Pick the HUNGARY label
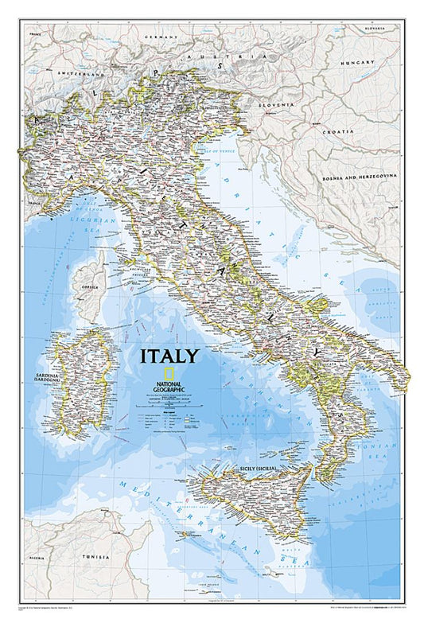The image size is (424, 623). [357, 62]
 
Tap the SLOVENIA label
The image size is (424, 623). [277, 104]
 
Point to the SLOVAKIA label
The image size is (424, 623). [380, 28]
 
